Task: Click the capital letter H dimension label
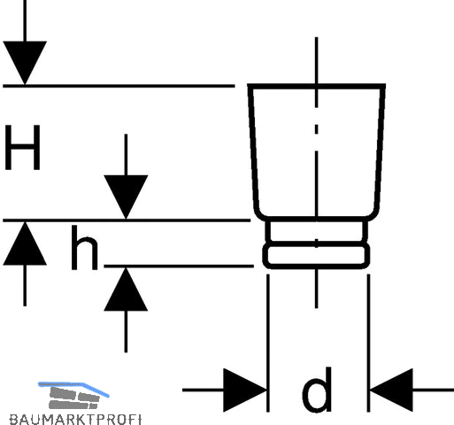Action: point(22,147)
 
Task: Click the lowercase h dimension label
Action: point(85,248)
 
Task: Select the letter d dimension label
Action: point(317,390)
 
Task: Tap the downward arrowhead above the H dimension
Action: point(25,63)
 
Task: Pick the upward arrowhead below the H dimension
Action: point(25,243)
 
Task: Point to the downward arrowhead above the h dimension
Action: point(126,197)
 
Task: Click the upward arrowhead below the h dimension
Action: point(126,290)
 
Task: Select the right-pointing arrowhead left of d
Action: point(245,390)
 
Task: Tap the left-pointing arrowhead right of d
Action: point(391,390)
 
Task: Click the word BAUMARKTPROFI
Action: point(75,420)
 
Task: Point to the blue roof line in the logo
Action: point(73,387)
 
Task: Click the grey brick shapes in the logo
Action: point(73,398)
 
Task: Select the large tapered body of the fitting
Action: point(317,152)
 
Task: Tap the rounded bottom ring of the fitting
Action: point(316,256)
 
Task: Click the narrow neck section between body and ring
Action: point(317,232)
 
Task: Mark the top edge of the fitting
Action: point(317,86)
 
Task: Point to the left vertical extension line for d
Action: point(268,343)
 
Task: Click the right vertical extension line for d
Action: point(368,343)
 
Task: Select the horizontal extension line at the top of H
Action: point(119,86)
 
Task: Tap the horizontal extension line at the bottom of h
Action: point(179,266)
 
